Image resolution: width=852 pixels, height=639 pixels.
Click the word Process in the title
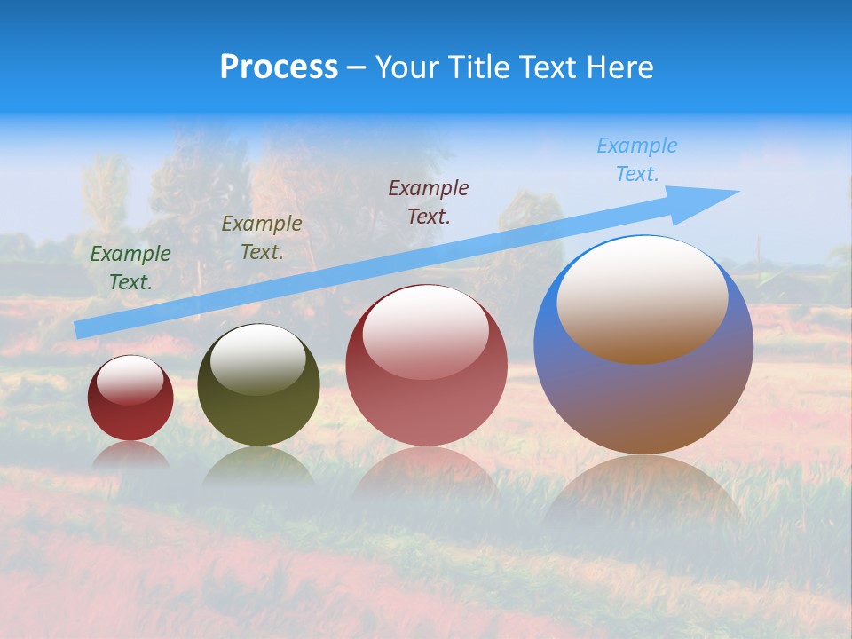point(279,67)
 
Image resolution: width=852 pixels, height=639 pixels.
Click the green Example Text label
point(130,267)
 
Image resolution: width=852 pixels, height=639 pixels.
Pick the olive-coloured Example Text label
point(261,237)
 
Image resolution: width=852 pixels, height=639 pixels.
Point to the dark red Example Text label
point(429,201)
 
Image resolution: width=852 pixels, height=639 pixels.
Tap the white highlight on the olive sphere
point(258,358)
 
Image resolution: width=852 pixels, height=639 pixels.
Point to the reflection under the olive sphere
point(258,466)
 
